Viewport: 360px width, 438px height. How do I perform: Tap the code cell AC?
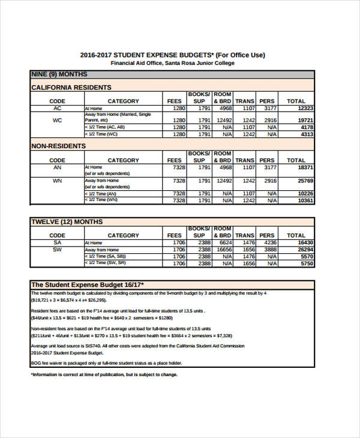(57, 109)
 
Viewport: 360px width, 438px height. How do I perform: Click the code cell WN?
(57, 181)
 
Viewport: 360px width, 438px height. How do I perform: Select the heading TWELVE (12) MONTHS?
(67, 222)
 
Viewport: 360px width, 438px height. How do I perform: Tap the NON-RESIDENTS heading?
(58, 146)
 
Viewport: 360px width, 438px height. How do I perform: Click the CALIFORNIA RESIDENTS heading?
(70, 88)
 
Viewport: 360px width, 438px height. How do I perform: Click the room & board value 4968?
(224, 109)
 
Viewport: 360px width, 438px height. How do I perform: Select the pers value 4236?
(269, 242)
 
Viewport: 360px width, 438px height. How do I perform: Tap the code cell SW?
(57, 250)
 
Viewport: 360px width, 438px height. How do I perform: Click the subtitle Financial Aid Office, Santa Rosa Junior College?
(173, 63)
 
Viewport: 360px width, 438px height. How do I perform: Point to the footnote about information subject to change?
(104, 374)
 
